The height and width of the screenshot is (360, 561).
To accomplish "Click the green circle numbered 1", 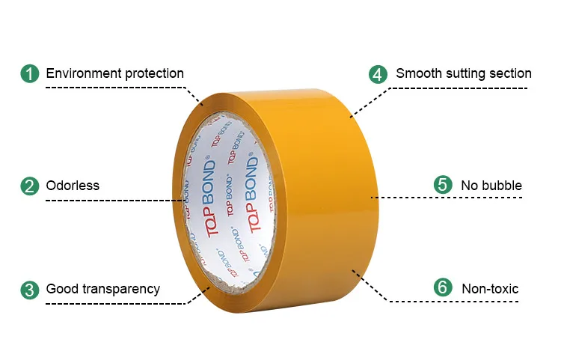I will click(x=29, y=74).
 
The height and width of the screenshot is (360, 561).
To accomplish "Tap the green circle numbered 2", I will click(x=29, y=186).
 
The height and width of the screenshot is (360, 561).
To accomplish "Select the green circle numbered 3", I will click(x=29, y=289).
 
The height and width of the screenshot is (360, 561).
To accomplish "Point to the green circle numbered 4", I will click(x=378, y=74).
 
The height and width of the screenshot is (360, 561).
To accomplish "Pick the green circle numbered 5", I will click(x=443, y=185).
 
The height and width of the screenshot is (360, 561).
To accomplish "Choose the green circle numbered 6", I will click(x=443, y=288).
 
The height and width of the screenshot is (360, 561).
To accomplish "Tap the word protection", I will click(x=153, y=73).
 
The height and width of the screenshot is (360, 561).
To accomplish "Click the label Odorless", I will click(x=73, y=186).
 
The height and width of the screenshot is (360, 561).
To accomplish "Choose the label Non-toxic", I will click(x=490, y=289).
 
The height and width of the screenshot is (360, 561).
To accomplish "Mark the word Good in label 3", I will click(x=61, y=289).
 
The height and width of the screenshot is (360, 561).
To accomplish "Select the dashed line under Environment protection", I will click(x=112, y=88).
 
